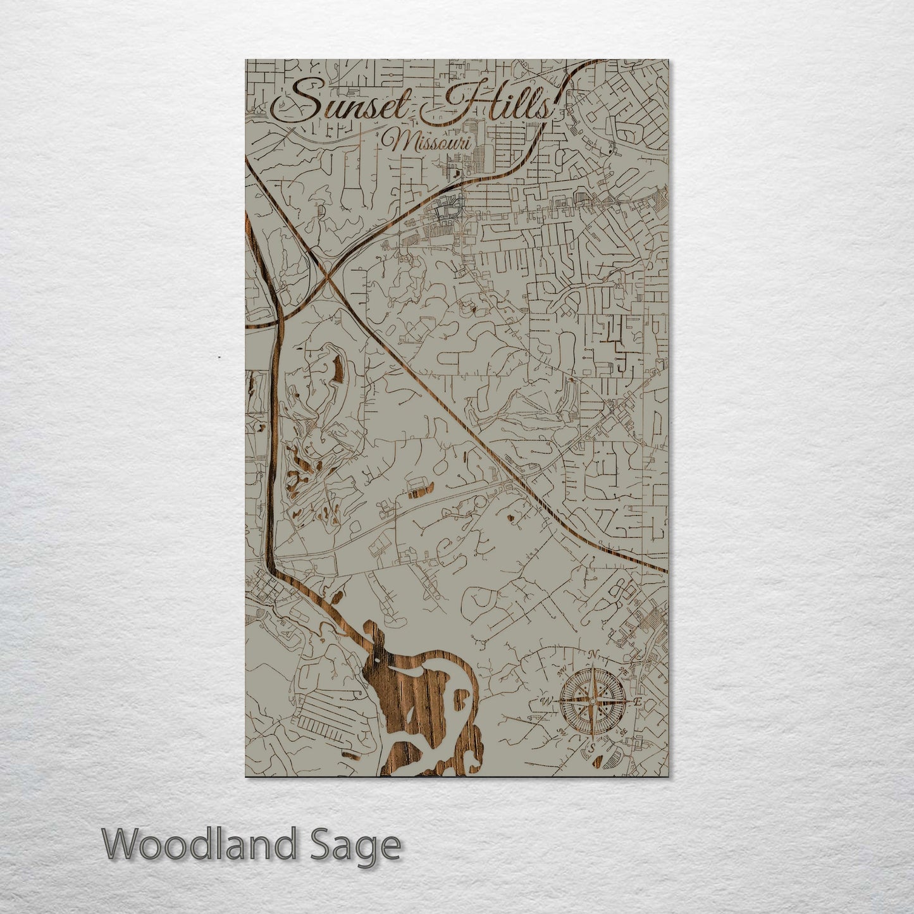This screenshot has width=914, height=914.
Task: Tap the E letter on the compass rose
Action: click(x=638, y=701)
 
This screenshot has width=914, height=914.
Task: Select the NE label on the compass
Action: click(x=624, y=670)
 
